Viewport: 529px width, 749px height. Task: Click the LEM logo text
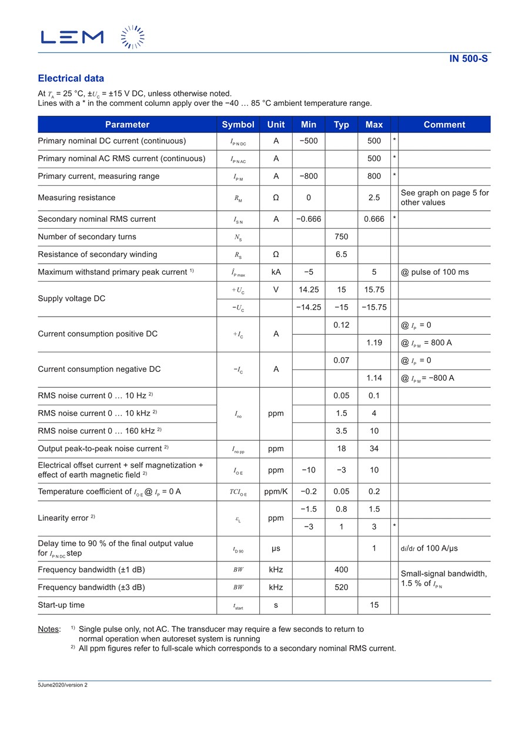point(72,37)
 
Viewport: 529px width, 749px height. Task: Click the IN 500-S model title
point(468,58)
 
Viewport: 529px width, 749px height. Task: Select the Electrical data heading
point(71,78)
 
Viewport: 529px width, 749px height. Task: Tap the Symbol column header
point(238,125)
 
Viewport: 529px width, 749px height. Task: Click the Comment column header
point(444,125)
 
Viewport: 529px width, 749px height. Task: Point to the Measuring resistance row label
point(76,198)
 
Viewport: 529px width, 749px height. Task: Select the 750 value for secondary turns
point(341,237)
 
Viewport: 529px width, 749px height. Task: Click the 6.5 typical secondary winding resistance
point(341,254)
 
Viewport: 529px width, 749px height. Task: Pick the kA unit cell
point(276,272)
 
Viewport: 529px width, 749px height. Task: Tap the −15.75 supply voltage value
point(374,307)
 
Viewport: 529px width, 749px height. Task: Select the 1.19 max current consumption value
point(374,342)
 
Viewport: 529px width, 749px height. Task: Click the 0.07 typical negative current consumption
point(341,360)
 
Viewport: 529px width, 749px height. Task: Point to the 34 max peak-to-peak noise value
point(374,448)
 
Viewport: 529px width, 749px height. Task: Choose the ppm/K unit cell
point(276,491)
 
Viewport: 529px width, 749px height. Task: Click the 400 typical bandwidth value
point(341,570)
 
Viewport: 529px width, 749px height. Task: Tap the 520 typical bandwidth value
point(341,587)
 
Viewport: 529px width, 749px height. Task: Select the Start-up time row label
point(61,605)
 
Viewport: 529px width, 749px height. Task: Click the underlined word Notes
point(48,629)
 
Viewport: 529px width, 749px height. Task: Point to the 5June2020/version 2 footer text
point(63,685)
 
